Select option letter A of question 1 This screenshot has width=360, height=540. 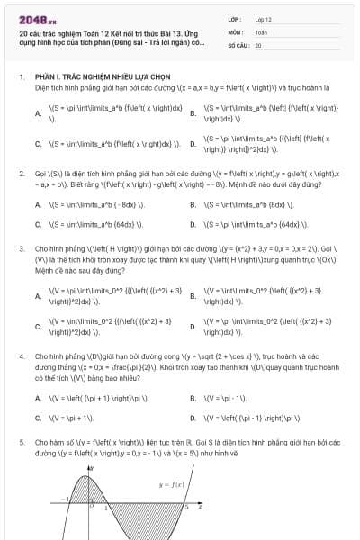click(38, 113)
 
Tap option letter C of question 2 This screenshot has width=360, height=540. click(38, 224)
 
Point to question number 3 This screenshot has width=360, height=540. click(22, 246)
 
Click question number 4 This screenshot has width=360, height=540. click(22, 357)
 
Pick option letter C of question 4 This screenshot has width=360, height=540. click(38, 418)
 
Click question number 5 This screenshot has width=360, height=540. click(22, 444)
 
